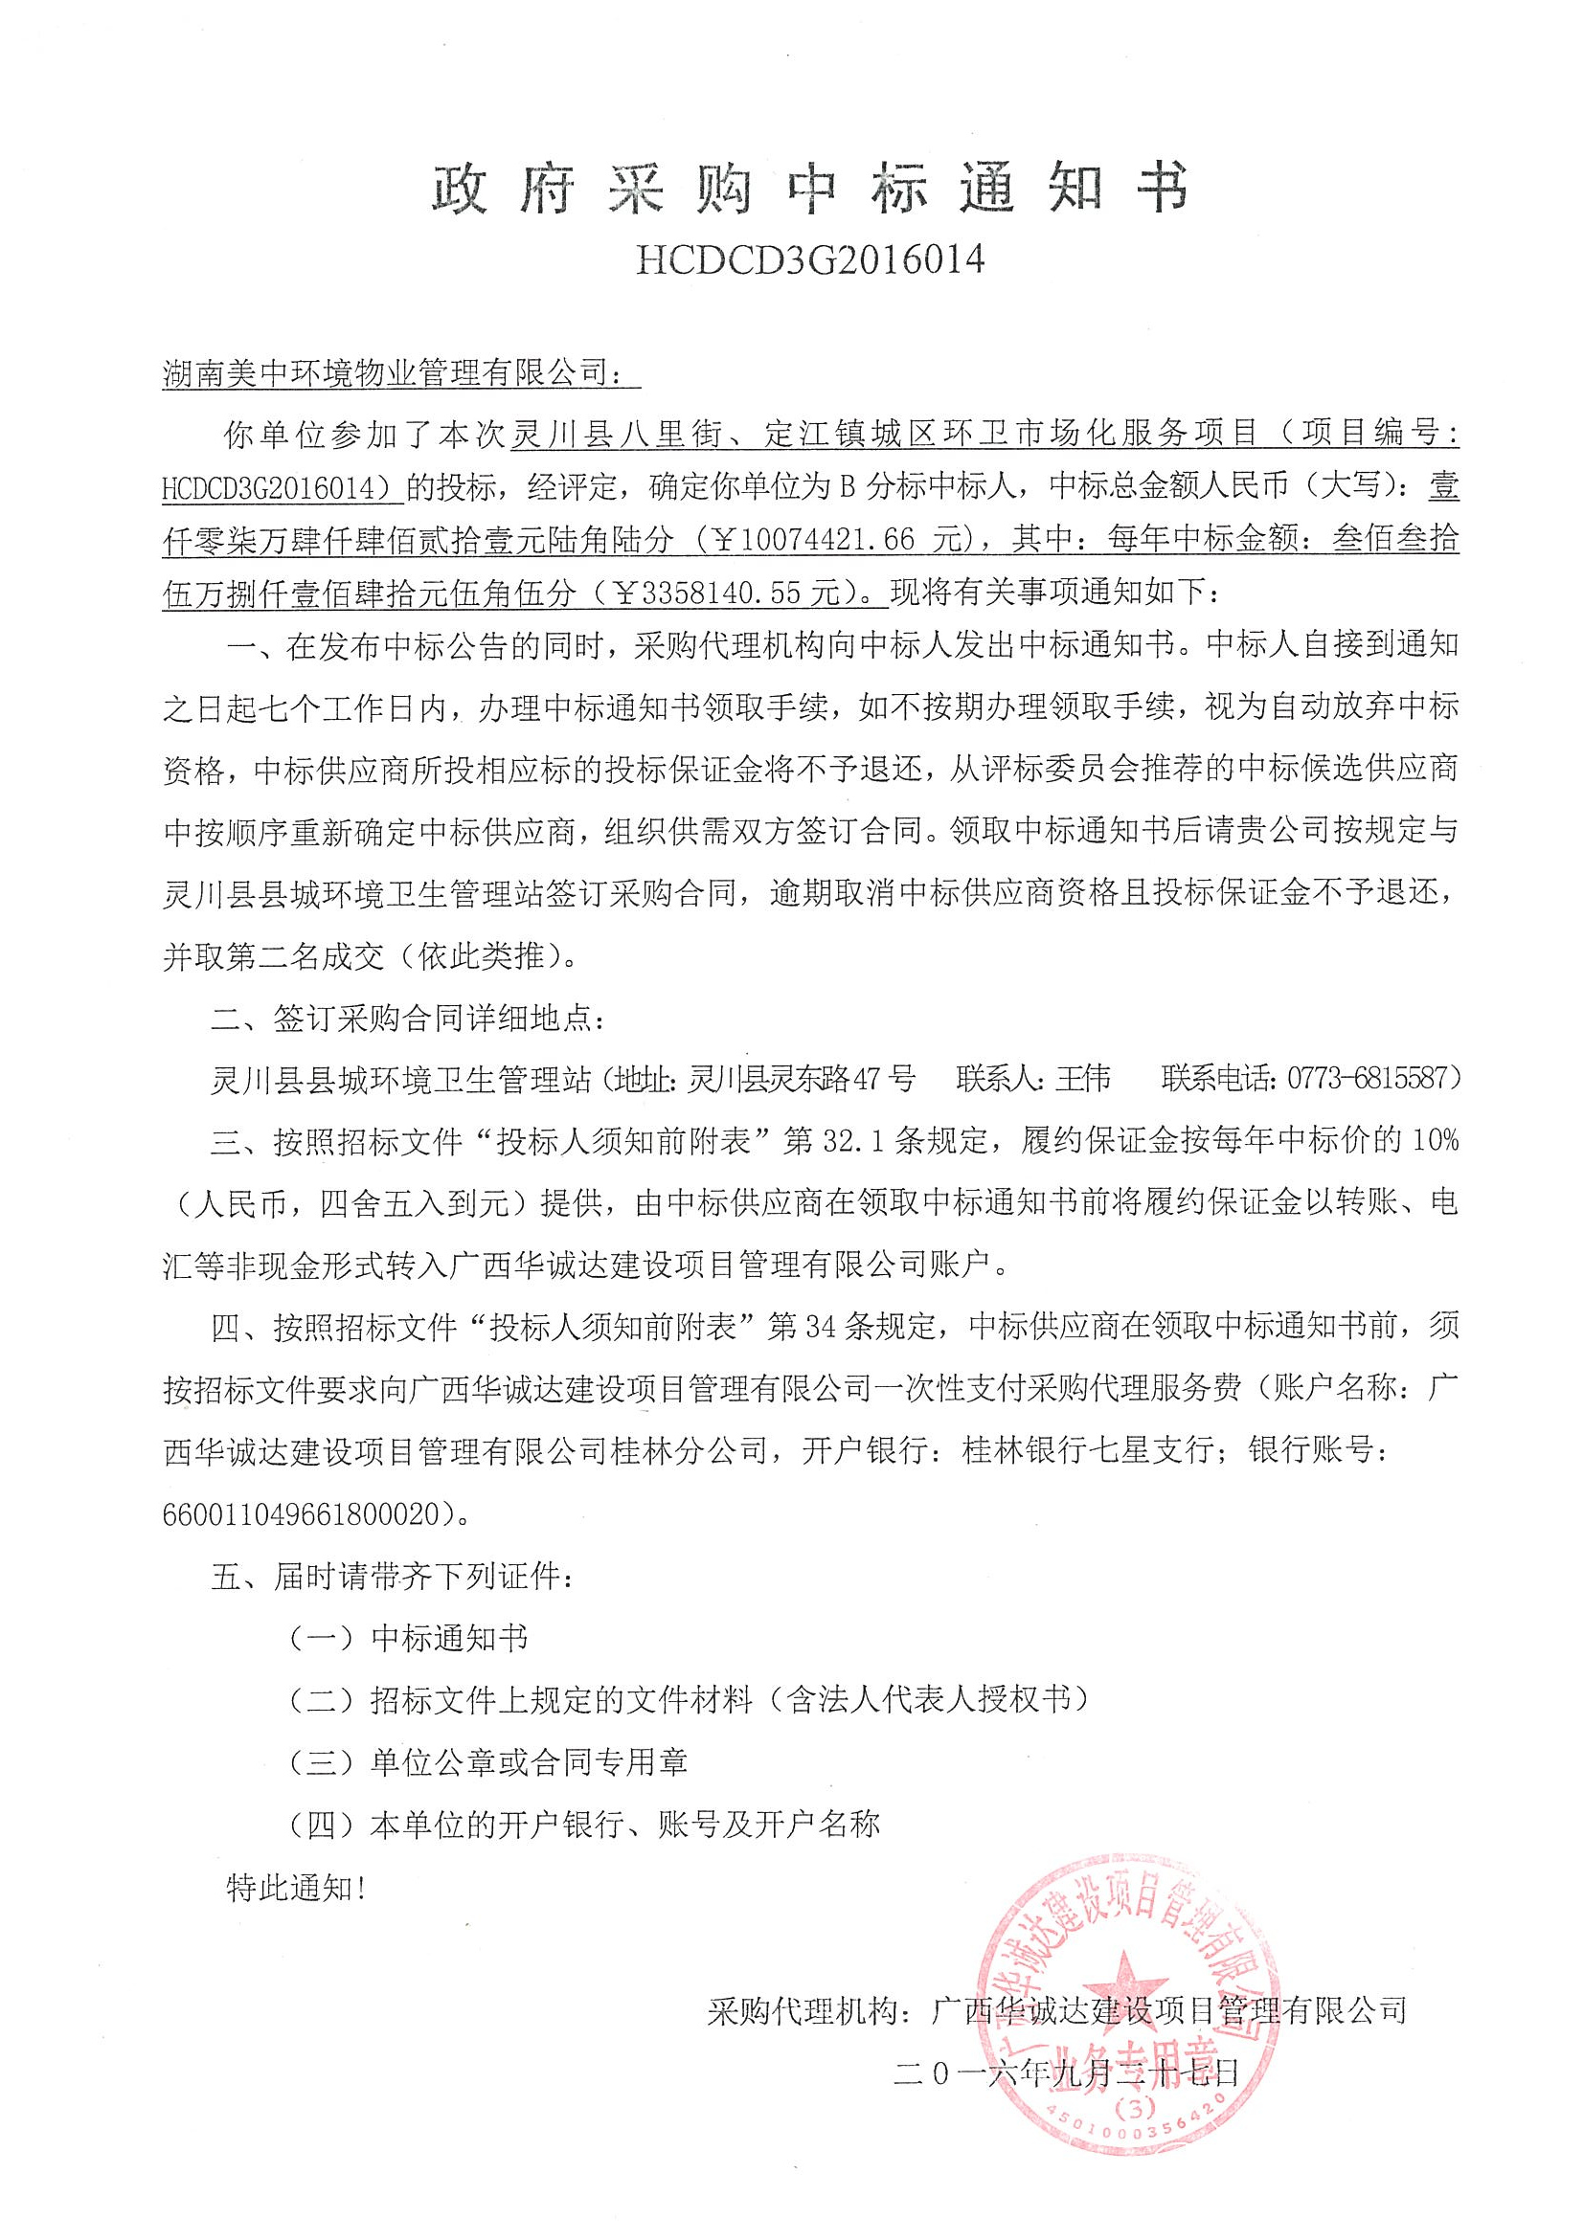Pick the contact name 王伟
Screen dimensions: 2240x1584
click(1083, 1077)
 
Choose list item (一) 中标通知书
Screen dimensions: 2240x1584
click(408, 1639)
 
